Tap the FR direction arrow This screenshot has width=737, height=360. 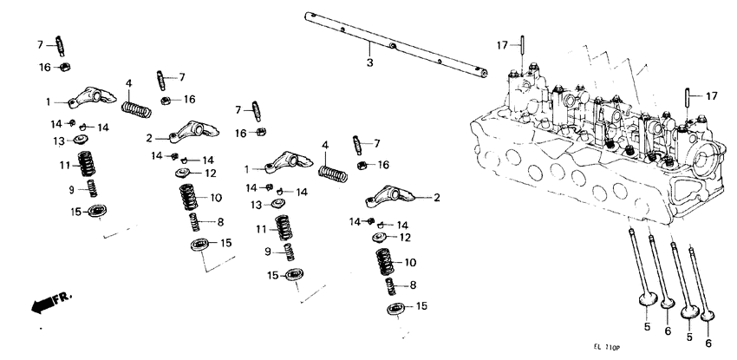coord(49,302)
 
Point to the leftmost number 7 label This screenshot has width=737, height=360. coord(40,43)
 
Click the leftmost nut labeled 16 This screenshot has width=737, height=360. coord(64,66)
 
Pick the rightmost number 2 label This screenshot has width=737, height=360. coord(436,198)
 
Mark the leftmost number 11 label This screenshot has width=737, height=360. coord(63,165)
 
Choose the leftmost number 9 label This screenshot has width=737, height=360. coord(72,189)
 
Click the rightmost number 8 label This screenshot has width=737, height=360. coord(413,285)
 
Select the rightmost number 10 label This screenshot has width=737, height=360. coord(410,261)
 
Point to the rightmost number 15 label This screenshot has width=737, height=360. coord(421,306)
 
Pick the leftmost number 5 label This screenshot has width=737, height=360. coord(647,328)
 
